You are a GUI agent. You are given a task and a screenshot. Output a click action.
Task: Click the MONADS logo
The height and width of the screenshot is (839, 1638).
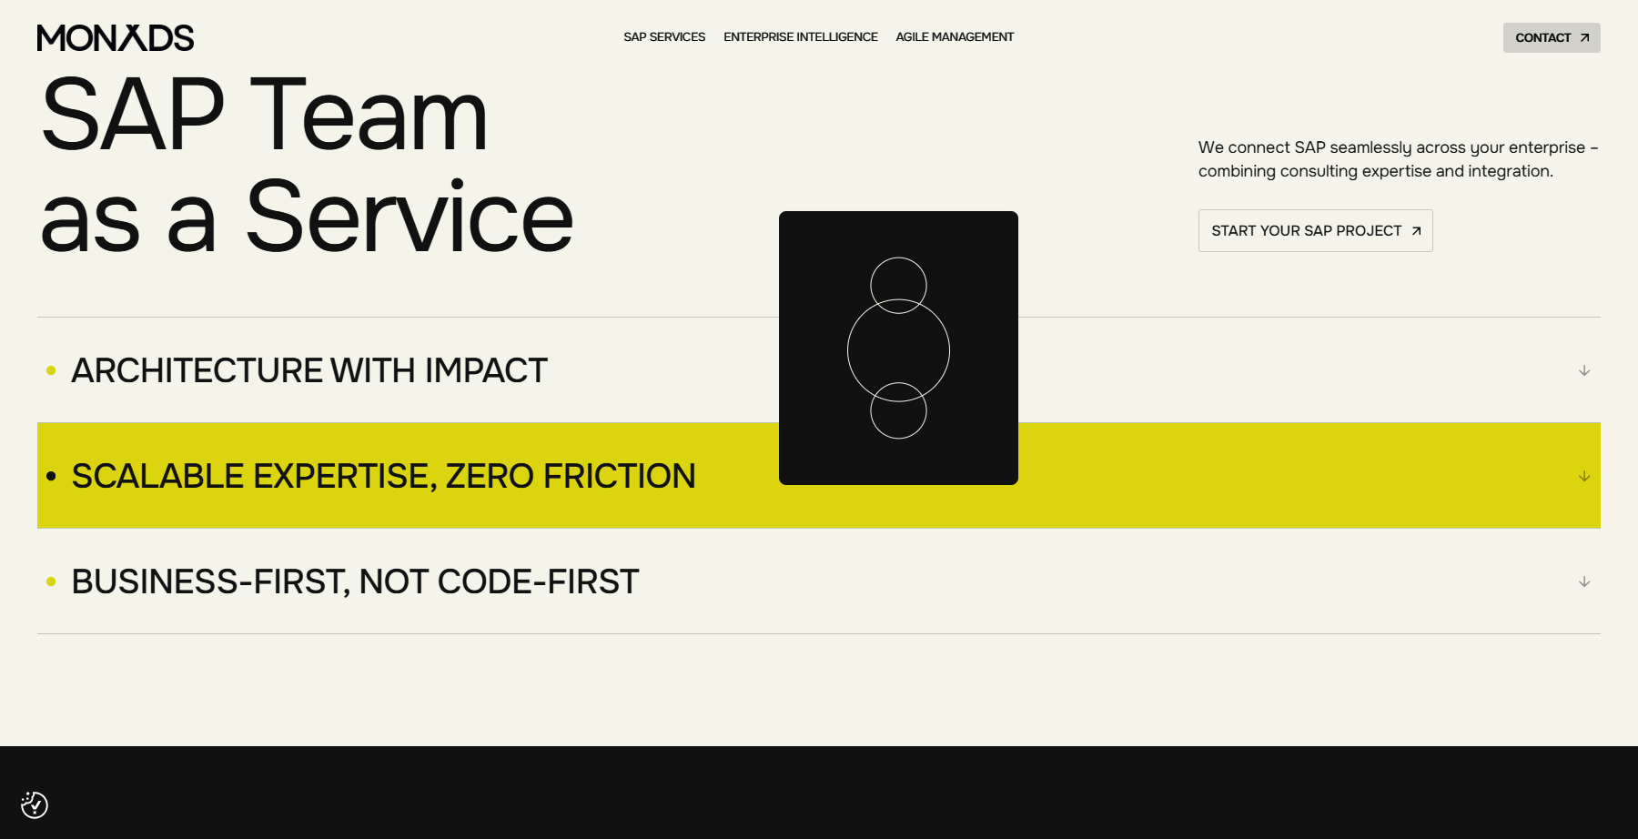(116, 37)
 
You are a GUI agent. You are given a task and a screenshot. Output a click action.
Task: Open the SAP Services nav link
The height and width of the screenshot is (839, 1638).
(664, 37)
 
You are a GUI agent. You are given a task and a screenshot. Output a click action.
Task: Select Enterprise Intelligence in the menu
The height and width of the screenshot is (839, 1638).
(801, 37)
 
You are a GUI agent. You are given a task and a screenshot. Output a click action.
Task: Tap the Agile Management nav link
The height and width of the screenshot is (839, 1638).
(955, 37)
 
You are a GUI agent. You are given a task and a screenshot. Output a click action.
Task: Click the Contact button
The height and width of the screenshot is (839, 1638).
(1551, 37)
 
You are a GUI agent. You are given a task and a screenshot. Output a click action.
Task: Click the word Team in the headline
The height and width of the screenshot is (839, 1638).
(369, 116)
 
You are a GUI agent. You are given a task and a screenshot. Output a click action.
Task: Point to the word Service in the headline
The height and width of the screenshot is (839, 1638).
(409, 217)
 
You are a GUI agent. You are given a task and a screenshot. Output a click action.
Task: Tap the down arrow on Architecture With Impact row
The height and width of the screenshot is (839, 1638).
(1584, 370)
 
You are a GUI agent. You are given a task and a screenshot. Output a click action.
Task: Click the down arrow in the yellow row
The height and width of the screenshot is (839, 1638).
(1584, 476)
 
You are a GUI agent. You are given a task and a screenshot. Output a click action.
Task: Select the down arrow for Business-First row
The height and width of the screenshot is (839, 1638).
(1584, 581)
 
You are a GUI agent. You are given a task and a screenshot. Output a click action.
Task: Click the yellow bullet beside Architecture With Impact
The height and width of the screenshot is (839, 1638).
(51, 370)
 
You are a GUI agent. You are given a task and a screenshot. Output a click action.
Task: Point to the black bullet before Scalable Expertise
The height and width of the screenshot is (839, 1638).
(51, 476)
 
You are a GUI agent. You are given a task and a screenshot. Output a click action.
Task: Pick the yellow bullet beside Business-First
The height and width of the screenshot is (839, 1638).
(51, 581)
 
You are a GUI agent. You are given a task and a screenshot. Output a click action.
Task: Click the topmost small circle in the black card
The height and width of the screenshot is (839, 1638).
(898, 278)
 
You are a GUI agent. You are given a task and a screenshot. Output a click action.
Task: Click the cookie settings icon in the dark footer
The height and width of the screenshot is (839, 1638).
(35, 804)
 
